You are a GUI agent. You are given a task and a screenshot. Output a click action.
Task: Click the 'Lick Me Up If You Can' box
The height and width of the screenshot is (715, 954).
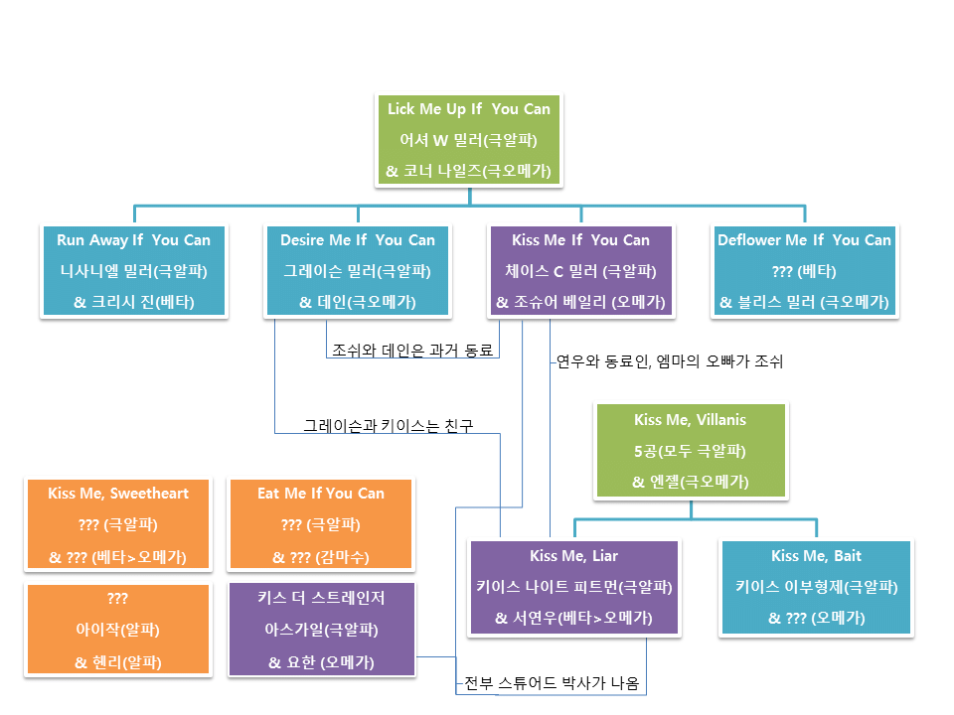click(469, 140)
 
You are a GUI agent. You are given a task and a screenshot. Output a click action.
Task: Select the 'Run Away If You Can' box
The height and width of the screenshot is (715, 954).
click(134, 270)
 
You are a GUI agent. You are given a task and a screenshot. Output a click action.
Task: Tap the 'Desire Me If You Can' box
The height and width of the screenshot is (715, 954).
click(358, 270)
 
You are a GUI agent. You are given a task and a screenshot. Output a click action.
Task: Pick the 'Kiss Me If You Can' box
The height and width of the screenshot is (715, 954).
click(580, 270)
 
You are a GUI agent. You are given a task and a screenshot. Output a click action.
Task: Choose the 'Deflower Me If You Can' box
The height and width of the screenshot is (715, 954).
click(805, 270)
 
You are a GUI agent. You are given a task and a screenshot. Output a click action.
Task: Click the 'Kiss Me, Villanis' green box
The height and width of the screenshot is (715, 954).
click(690, 451)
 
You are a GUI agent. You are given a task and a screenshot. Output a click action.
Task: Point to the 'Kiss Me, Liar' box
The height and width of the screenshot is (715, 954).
click(574, 587)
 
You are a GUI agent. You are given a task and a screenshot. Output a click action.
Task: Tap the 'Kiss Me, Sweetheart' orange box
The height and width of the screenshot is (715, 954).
click(118, 524)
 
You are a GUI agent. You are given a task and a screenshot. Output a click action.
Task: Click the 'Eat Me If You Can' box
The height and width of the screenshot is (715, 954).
click(320, 524)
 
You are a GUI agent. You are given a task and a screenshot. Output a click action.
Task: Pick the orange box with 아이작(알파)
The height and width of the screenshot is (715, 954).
click(118, 630)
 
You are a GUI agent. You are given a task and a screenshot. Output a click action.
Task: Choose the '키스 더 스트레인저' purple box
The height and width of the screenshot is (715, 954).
click(320, 630)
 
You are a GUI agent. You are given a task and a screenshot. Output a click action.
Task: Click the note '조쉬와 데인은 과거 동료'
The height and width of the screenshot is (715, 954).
click(412, 350)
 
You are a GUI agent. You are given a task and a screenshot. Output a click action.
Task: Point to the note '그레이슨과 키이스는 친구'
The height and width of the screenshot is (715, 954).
click(388, 426)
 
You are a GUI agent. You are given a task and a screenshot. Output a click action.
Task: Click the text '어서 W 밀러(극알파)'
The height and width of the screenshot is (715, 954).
click(469, 140)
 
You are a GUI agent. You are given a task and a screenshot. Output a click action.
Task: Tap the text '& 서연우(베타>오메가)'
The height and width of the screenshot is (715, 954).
click(574, 618)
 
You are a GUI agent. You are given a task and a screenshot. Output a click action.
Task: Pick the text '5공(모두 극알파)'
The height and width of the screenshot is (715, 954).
click(690, 452)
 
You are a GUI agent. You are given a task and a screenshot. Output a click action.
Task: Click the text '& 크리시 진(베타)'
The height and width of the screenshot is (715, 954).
click(134, 302)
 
